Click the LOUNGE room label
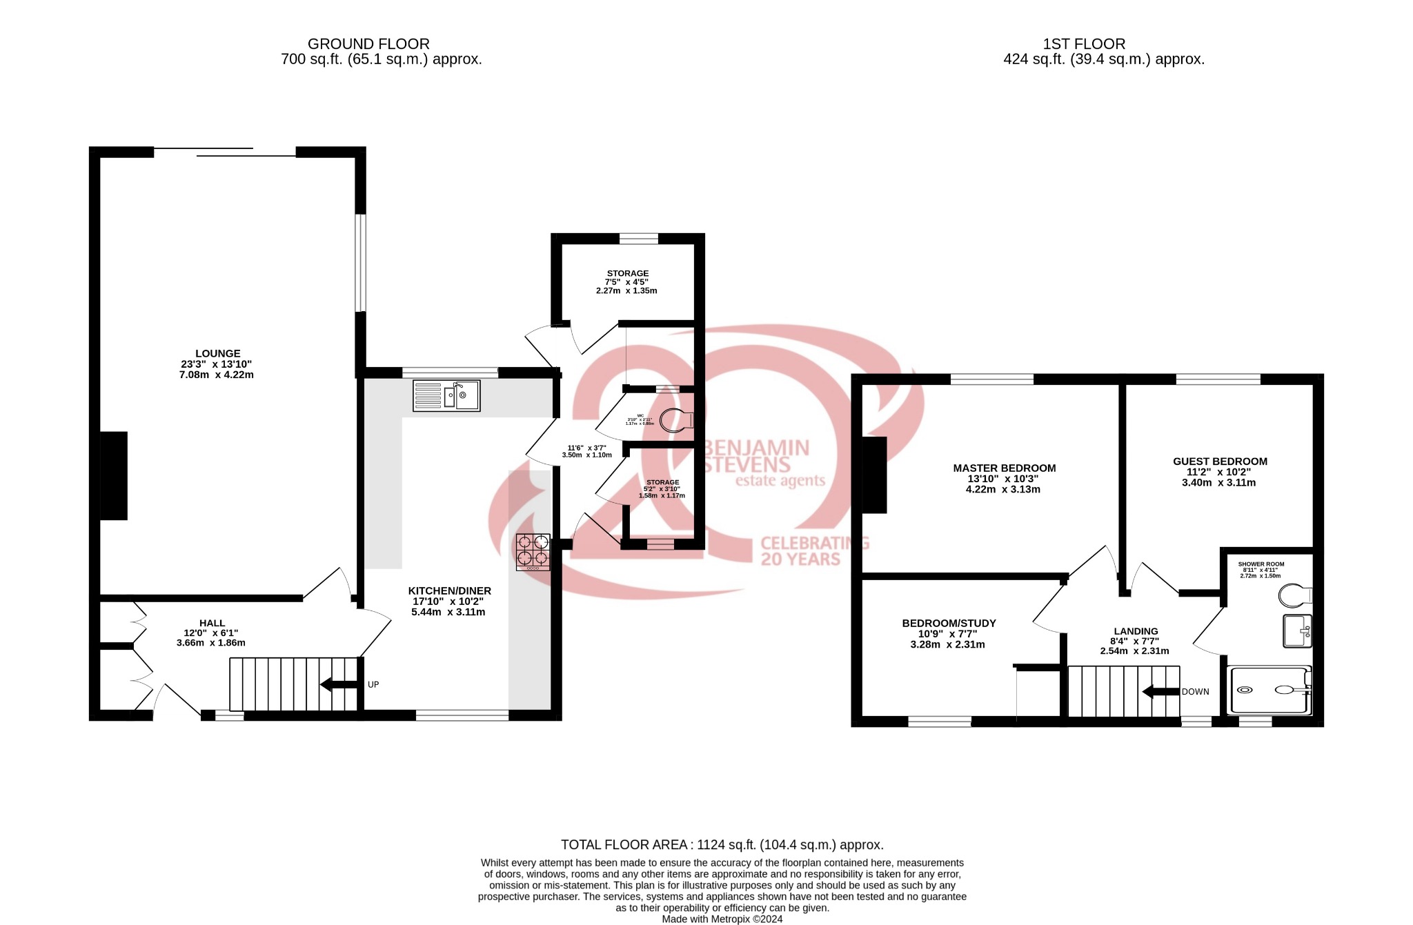click(x=217, y=354)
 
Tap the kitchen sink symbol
click(x=446, y=396)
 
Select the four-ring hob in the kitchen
click(x=533, y=551)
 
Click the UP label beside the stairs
click(x=373, y=685)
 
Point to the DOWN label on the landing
click(x=1195, y=692)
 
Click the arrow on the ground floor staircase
click(x=337, y=685)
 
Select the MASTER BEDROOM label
click(x=1004, y=468)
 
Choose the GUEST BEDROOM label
click(x=1220, y=461)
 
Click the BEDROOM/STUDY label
click(x=949, y=624)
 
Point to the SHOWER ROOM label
click(x=1261, y=564)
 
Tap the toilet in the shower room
click(x=1294, y=595)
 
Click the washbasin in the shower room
click(x=1297, y=630)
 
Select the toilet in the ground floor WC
click(x=675, y=419)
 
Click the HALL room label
click(x=212, y=624)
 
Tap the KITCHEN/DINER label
click(x=449, y=591)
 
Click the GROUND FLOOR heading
click(x=368, y=44)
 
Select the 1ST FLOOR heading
click(x=1084, y=44)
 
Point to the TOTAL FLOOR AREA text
click(x=722, y=845)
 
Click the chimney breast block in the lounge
click(x=114, y=475)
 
